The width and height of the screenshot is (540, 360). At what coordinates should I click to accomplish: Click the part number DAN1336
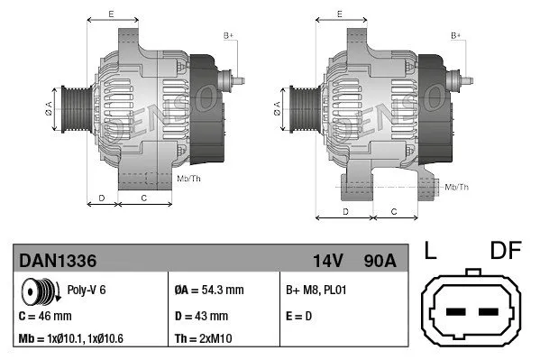(58, 261)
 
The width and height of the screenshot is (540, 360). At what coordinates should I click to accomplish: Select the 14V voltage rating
(328, 261)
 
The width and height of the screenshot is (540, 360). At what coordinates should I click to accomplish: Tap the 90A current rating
(378, 261)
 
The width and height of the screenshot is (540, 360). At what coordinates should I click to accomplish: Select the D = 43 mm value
(200, 317)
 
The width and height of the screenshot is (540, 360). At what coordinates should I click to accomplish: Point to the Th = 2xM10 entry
(203, 340)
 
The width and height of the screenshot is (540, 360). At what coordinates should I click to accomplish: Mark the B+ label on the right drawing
(456, 35)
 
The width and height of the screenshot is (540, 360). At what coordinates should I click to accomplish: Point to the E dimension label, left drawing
(110, 14)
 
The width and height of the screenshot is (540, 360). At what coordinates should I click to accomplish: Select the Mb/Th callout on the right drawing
(457, 187)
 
